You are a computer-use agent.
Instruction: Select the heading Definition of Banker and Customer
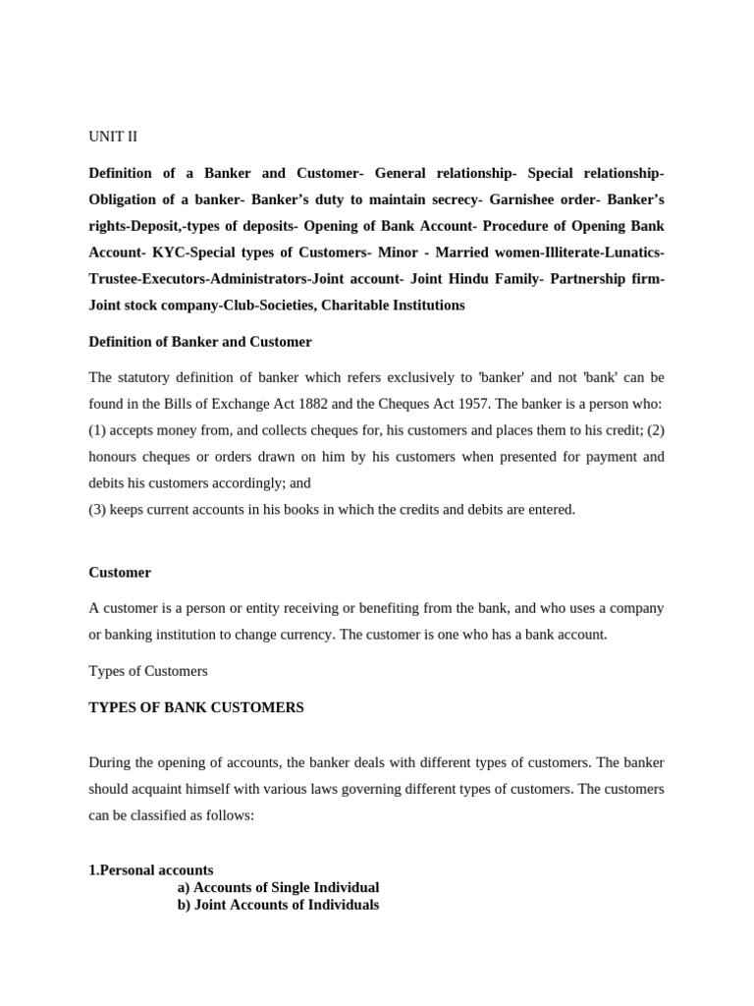click(200, 342)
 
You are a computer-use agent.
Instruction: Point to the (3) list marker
click(97, 510)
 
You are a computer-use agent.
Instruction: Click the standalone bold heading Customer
click(120, 572)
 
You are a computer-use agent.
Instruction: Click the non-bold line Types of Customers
click(148, 671)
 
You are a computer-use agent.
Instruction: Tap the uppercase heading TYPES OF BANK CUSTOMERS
click(196, 707)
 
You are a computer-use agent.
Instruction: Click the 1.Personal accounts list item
click(151, 870)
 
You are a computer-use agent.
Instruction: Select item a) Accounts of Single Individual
click(278, 887)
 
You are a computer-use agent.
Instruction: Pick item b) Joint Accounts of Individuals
click(278, 905)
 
